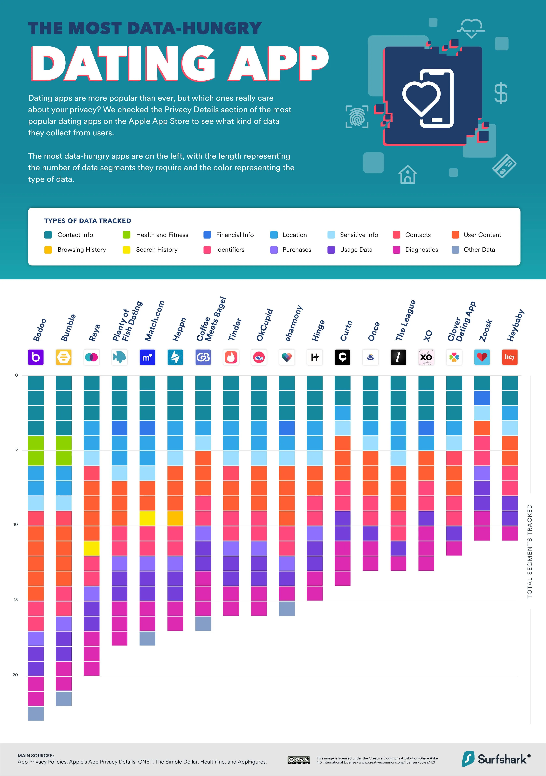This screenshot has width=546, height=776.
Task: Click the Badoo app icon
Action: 36,357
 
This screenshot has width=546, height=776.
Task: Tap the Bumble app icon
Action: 63,357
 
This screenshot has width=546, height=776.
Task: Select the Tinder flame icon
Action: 231,357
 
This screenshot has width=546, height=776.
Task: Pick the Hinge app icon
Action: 315,357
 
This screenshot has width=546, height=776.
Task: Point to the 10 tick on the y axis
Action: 16,525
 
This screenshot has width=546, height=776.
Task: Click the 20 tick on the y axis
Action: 15,675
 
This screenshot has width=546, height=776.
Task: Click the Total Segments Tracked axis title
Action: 529,551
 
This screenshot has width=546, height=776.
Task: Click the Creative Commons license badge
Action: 298,760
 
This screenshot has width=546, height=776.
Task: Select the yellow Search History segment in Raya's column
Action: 92,548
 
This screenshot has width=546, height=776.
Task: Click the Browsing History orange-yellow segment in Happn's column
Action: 175,518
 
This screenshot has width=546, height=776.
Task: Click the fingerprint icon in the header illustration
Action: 357,117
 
